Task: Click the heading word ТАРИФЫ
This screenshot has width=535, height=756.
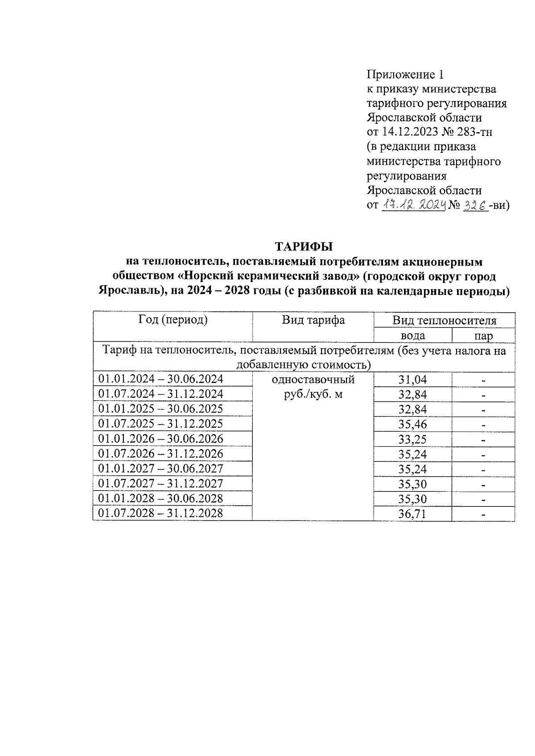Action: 304,247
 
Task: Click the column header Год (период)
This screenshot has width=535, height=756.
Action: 173,320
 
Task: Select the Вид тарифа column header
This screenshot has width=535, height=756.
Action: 313,320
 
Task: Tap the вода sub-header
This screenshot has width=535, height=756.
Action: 413,335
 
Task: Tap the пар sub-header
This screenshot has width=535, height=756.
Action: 484,336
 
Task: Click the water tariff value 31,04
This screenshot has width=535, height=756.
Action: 412,380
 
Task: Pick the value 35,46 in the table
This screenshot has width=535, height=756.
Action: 412,424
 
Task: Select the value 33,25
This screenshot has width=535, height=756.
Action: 412,439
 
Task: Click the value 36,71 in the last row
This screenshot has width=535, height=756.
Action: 412,514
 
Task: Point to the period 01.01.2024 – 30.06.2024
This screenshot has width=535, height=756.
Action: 160,379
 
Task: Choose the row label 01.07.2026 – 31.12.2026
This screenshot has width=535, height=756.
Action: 160,454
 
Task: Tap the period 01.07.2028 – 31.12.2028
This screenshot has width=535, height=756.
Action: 160,513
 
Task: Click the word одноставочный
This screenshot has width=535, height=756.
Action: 313,380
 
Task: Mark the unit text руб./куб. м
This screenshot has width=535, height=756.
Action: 313,394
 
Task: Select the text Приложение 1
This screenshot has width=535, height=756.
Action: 405,74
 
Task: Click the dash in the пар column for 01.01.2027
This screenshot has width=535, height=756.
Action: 483,470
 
